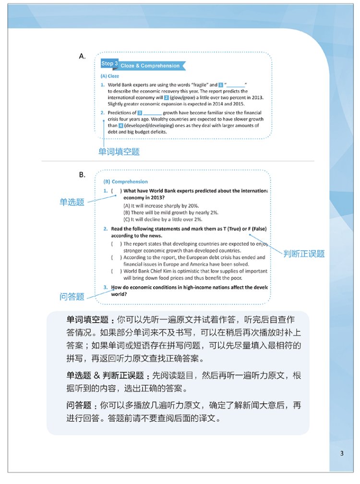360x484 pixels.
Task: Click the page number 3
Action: pyautogui.click(x=341, y=453)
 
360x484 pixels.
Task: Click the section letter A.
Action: pyautogui.click(x=82, y=57)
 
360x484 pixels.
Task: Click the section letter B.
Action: pyautogui.click(x=82, y=174)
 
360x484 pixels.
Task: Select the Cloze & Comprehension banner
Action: pyautogui.click(x=150, y=66)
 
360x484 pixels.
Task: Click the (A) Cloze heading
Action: pyautogui.click(x=110, y=76)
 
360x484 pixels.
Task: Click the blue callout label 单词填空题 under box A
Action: pyautogui.click(x=119, y=151)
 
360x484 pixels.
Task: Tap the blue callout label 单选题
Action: pyautogui.click(x=72, y=202)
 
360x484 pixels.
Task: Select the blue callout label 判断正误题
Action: pyautogui.click(x=304, y=253)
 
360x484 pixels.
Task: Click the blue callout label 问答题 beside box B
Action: pyautogui.click(x=72, y=297)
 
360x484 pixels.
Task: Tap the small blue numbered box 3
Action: pyautogui.click(x=140, y=113)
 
